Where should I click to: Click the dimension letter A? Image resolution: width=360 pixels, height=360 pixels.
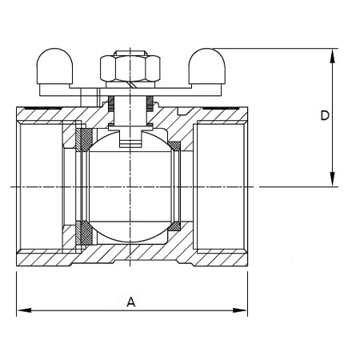pyautogui.click(x=130, y=302)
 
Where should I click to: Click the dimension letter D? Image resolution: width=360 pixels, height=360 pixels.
pyautogui.click(x=325, y=115)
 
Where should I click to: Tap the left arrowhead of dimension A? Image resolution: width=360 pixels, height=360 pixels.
pyautogui.click(x=24, y=310)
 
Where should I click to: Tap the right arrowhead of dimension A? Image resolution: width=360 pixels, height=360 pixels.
pyautogui.click(x=240, y=310)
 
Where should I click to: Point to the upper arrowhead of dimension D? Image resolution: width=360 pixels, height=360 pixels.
pyautogui.click(x=332, y=56)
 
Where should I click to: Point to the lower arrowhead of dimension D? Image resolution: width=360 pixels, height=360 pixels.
pyautogui.click(x=332, y=179)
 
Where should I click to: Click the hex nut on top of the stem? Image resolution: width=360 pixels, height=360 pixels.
pyautogui.click(x=130, y=68)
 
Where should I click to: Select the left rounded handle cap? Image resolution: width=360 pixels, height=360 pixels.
pyautogui.click(x=54, y=66)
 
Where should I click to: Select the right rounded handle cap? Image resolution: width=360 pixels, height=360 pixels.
pyautogui.click(x=207, y=66)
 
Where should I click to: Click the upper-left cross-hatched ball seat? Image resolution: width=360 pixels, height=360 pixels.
pyautogui.click(x=84, y=140)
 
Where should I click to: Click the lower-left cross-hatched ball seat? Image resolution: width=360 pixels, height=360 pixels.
pyautogui.click(x=84, y=233)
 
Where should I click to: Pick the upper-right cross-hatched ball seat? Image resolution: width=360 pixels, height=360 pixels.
pyautogui.click(x=174, y=146)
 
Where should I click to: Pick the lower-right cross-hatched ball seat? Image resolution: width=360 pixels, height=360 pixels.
pyautogui.click(x=174, y=226)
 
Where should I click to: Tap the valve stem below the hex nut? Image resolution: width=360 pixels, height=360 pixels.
pyautogui.click(x=130, y=110)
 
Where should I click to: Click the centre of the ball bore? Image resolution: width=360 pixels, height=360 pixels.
pyautogui.click(x=130, y=186)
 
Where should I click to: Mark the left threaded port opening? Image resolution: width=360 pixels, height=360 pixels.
pyautogui.click(x=41, y=186)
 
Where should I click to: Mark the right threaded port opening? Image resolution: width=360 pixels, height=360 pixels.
pyautogui.click(x=220, y=186)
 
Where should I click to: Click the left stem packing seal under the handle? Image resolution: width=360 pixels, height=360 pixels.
pyautogui.click(x=111, y=103)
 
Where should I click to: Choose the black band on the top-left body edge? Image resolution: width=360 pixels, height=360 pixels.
pyautogui.click(x=42, y=108)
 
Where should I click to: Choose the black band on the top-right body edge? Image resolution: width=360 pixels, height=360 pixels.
pyautogui.click(x=220, y=108)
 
